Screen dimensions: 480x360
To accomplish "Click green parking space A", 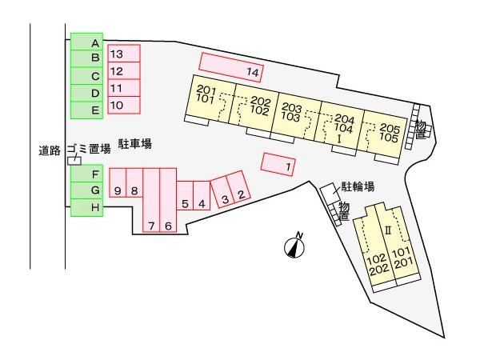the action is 86,42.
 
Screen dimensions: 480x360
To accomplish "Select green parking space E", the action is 86,110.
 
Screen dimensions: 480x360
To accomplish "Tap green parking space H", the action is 86,207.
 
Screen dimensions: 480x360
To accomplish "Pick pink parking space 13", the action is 124,54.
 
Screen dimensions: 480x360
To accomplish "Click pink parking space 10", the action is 124,105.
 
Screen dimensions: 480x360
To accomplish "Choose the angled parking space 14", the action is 231,67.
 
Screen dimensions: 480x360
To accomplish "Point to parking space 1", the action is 278,164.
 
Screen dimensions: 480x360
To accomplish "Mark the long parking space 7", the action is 151,200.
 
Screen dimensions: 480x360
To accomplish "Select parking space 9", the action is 118,182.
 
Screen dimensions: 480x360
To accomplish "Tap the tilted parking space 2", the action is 238,187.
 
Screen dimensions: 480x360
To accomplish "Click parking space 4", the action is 202,196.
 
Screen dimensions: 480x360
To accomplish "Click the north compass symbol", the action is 294,246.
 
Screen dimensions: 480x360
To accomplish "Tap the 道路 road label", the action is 50,150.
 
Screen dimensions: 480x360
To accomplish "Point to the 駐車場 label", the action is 135,143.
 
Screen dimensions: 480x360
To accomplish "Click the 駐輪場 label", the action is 358,186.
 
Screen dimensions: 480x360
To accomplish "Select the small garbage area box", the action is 74,161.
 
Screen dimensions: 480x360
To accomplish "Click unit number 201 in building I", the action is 206,90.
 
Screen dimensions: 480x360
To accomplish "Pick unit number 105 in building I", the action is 389,138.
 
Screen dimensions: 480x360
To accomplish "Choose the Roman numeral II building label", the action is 388,230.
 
